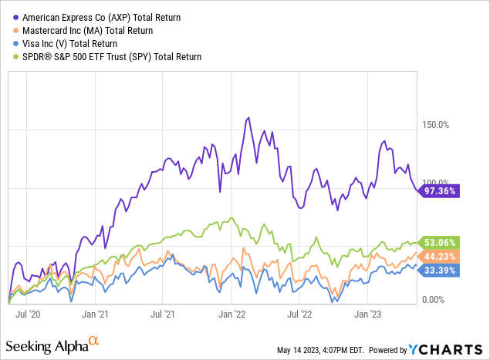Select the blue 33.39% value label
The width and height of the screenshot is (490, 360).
pyautogui.click(x=440, y=270)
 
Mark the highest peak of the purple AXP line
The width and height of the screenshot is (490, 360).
pyautogui.click(x=248, y=118)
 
